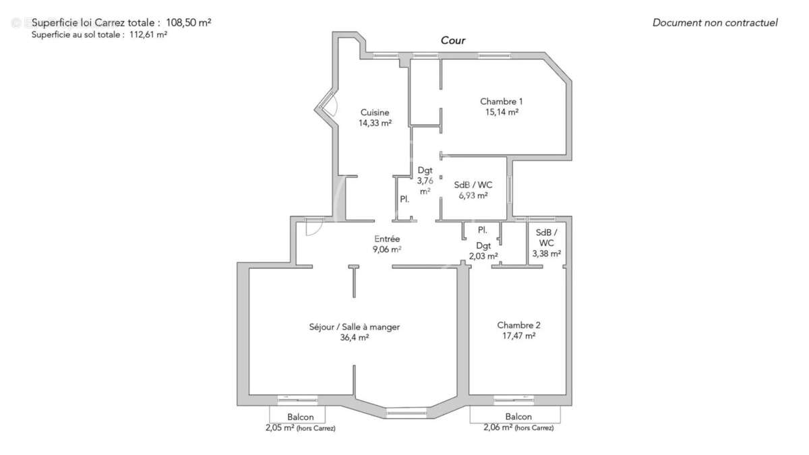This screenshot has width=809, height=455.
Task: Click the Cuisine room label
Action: [374, 113]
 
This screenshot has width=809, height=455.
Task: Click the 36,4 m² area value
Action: [354, 338]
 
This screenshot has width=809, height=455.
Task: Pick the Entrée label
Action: [387, 239]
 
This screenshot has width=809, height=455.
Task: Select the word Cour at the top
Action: [453, 40]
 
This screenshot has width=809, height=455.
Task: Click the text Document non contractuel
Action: [715, 23]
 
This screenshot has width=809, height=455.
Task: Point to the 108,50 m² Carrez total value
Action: [188, 22]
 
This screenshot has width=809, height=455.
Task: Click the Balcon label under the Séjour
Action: [300, 417]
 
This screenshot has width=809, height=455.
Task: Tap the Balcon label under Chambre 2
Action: [518, 417]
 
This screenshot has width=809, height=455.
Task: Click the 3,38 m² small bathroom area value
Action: [547, 254]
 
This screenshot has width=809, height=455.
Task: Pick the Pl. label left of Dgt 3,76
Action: [404, 200]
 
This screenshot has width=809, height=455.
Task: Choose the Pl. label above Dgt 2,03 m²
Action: [483, 231]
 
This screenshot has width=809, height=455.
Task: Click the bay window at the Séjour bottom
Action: [407, 413]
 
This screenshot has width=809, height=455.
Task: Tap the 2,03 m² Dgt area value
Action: [483, 256]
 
